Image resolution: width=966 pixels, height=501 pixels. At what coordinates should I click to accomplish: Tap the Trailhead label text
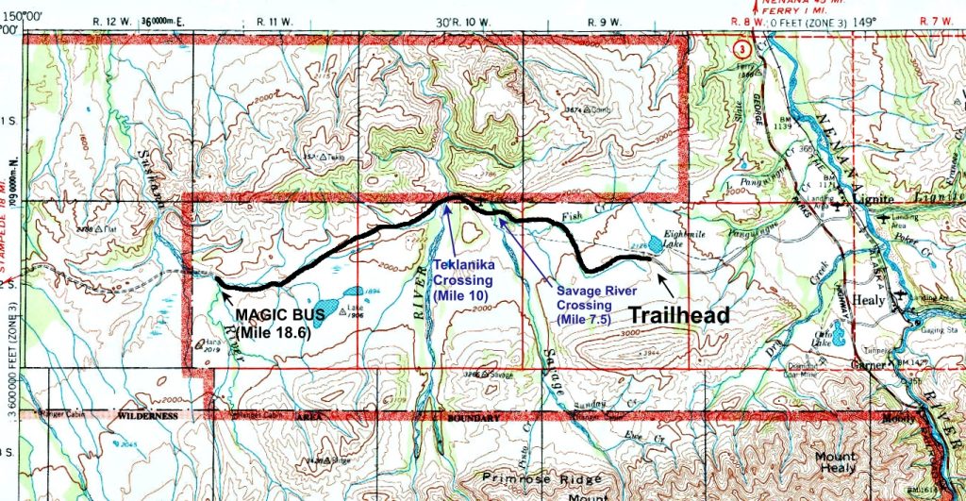pos(679,315)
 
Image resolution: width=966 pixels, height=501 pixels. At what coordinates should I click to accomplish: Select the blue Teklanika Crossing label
pos(462,280)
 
